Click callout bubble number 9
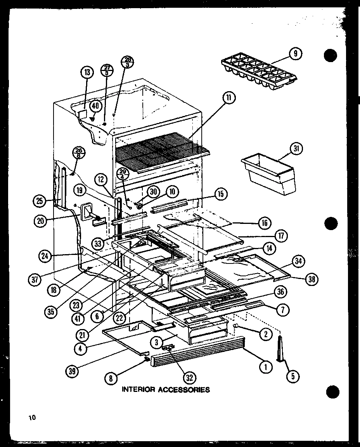coord(296,54)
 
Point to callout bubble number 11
coord(228,99)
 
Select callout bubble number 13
coord(87,72)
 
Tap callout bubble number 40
coord(95,106)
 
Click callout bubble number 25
coord(40,201)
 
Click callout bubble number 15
coord(220,194)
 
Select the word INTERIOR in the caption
coord(138,390)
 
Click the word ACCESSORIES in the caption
coord(183,390)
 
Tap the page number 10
coord(31,418)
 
